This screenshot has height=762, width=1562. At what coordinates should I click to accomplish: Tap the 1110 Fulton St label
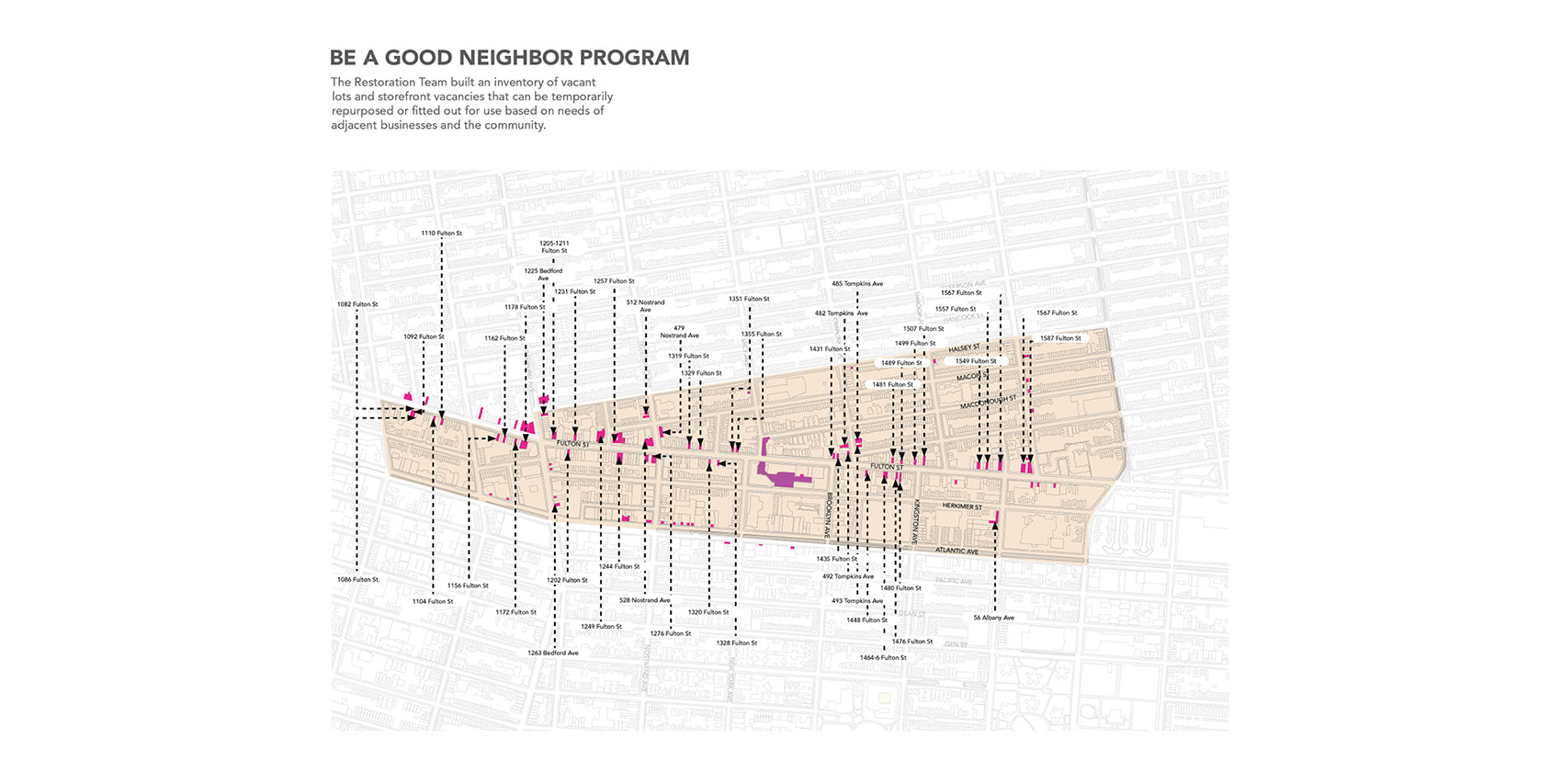pos(441,233)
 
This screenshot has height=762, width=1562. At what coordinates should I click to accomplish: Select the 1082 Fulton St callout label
pos(357,304)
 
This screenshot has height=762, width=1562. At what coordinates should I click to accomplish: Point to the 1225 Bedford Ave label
pos(543,274)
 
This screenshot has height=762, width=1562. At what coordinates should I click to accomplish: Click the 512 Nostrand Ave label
pos(645,306)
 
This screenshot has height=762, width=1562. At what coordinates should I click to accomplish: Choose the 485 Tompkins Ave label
pos(856,284)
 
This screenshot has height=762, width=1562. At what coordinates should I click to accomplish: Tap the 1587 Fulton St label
pos(1060,338)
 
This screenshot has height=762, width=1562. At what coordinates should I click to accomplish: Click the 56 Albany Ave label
pos(993,618)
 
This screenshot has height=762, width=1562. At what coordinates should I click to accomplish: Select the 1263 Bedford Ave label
pos(552,653)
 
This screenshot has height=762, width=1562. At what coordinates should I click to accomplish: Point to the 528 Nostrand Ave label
pos(644,600)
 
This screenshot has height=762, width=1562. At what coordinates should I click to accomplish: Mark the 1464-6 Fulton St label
pos(883,657)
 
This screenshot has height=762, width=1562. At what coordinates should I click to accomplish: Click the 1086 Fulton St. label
pos(357,580)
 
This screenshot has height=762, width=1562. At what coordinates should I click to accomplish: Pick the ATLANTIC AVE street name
pos(956,551)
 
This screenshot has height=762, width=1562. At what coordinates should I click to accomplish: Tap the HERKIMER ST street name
pos(962,506)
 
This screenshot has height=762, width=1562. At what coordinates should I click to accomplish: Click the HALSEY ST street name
pos(964,348)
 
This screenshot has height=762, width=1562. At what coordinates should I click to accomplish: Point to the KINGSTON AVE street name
pos(915,521)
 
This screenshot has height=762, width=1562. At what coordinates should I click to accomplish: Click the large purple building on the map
pos(779,477)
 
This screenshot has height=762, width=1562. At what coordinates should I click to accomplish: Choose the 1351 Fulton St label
pos(749,299)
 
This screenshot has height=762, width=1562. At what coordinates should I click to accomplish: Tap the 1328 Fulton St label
pos(736,643)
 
